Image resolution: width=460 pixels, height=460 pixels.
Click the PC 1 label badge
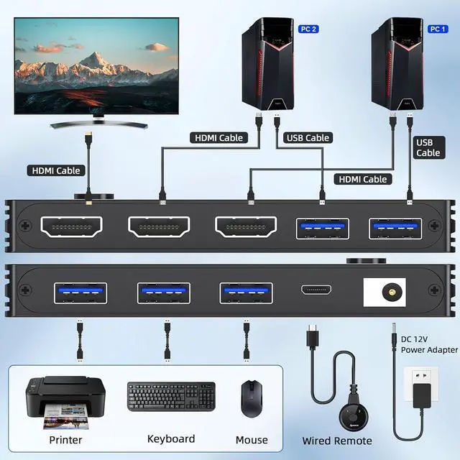tap(438, 29)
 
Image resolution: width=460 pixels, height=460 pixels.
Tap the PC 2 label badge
tap(308, 29)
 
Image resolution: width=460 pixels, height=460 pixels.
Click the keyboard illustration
tap(171, 397)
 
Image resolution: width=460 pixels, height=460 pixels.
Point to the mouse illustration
tap(251, 398)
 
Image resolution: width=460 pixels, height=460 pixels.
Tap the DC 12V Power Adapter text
tap(429, 344)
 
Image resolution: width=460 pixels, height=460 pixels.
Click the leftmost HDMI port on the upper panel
tap(72, 227)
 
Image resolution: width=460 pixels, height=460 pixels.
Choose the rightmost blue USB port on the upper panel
tap(395, 228)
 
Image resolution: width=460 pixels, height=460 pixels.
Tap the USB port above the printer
tap(80, 293)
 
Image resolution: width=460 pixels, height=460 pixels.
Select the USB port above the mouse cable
tap(246, 293)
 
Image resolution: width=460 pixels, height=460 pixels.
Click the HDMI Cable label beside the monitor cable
tap(56, 171)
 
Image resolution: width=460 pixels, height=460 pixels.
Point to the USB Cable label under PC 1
tap(428, 147)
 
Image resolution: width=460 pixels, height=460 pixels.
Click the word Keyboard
tap(171, 438)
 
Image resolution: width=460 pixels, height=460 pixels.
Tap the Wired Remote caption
tap(337, 441)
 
